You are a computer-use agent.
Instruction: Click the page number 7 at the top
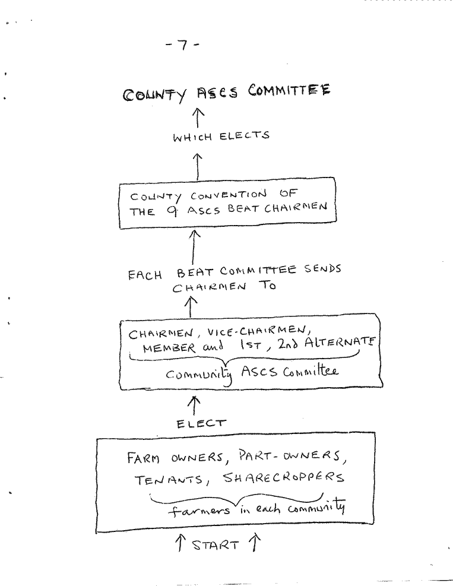(183, 45)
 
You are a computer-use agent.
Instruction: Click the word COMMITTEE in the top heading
(289, 90)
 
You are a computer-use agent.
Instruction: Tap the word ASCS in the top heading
(217, 92)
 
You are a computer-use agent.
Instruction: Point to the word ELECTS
(245, 135)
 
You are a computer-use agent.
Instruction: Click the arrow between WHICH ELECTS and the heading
(198, 118)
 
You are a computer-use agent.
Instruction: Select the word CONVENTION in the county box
(229, 195)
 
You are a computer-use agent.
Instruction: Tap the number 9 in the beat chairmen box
(172, 211)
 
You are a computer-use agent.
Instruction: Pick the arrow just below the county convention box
(194, 246)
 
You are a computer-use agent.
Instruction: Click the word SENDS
(322, 269)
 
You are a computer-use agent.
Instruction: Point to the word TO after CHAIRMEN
(267, 286)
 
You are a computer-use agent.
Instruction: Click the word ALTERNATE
(340, 343)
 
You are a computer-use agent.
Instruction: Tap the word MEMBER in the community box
(169, 349)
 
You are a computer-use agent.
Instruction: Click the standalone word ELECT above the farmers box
(201, 423)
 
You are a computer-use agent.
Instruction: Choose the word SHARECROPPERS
(283, 477)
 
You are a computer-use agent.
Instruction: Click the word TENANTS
(170, 480)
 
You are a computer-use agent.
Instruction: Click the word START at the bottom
(216, 545)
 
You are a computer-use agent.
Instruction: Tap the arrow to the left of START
(180, 542)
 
